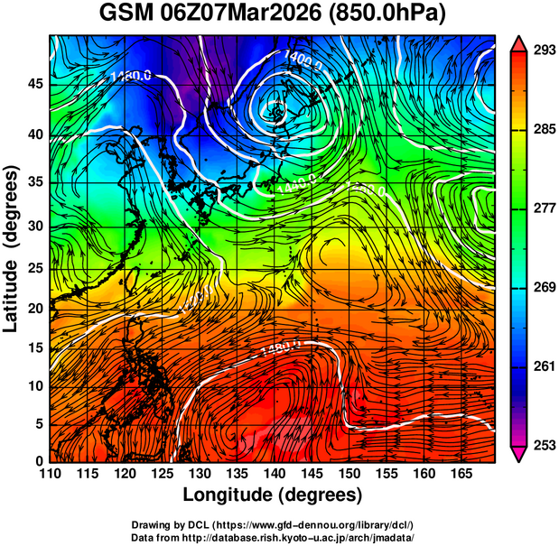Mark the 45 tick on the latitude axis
[36, 84]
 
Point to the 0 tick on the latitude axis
[41, 461]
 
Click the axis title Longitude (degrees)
[273, 495]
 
